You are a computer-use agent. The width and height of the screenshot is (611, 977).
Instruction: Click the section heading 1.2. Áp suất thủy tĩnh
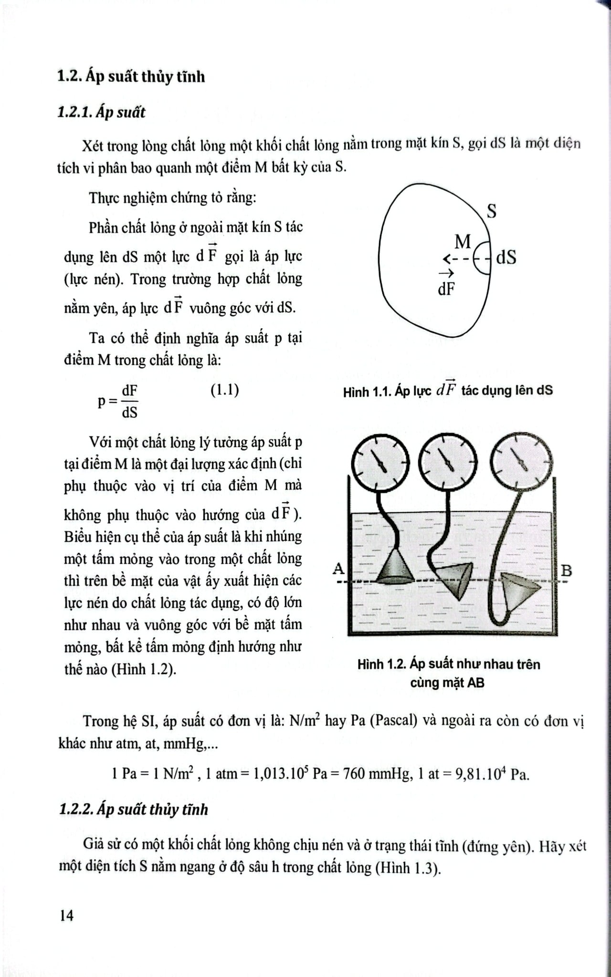pos(131,76)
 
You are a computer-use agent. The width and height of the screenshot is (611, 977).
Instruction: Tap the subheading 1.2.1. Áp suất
pos(101,113)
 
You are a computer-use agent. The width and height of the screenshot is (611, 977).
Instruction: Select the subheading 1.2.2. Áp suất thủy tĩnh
pos(134,810)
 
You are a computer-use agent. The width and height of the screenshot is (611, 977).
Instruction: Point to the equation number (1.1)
pos(224,390)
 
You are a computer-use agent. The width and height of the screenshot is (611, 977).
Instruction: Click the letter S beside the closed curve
pos(491,210)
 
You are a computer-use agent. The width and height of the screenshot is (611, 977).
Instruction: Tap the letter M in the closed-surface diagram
pos(462,242)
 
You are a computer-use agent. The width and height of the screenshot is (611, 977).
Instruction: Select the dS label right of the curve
pos(506,258)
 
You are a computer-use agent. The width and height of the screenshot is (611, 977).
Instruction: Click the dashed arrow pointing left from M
pos(456,259)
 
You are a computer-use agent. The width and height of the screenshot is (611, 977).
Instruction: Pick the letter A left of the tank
pos(338,568)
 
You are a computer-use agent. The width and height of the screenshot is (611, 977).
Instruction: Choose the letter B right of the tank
pos(566,571)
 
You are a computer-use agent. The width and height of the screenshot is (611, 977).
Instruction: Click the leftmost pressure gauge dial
pos(380,461)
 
